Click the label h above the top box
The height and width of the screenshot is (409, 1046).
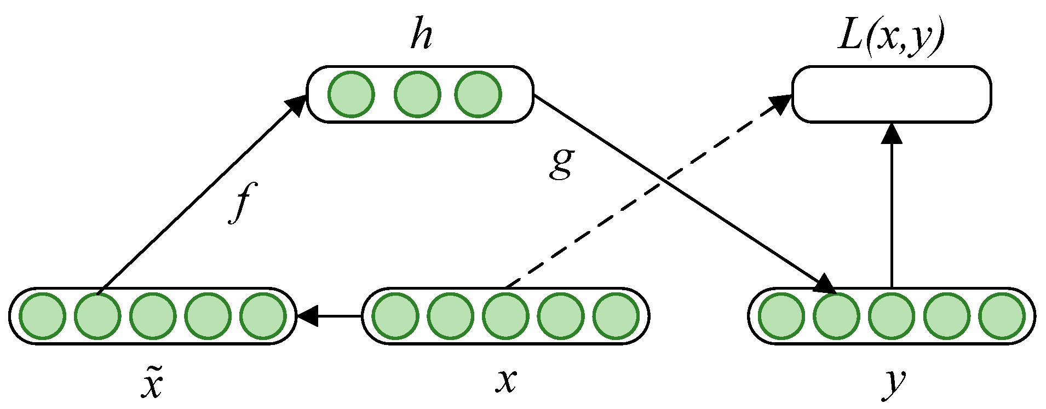click(x=422, y=36)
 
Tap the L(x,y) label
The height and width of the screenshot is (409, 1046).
click(x=892, y=38)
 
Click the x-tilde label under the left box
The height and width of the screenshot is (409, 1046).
click(x=152, y=381)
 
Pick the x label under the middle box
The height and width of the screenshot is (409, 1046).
click(x=506, y=380)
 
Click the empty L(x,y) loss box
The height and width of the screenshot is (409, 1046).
click(x=892, y=94)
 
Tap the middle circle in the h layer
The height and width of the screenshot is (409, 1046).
click(x=417, y=94)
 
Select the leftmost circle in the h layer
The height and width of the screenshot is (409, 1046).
click(x=352, y=94)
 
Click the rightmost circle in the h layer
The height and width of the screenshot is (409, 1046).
click(x=478, y=94)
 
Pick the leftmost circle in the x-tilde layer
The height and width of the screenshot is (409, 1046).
click(x=43, y=316)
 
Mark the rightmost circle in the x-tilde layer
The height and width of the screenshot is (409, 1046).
click(x=263, y=316)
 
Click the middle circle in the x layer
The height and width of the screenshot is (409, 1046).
click(x=505, y=316)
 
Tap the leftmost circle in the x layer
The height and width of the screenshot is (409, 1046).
click(x=395, y=316)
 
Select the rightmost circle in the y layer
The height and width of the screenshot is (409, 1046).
click(x=1002, y=316)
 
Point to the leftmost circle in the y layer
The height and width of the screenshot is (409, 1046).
click(x=781, y=316)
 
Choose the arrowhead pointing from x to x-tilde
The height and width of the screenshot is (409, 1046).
click(x=307, y=316)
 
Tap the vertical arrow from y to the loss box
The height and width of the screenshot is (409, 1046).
click(x=892, y=208)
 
